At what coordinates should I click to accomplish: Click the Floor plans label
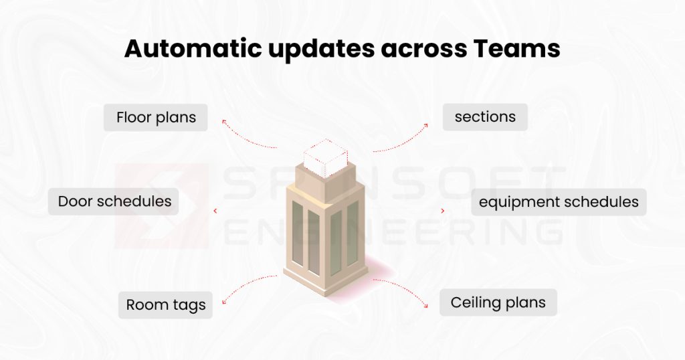tap(156, 118)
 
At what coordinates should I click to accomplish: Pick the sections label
tap(485, 117)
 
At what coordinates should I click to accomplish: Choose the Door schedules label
tap(114, 201)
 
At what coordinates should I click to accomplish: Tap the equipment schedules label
tap(559, 202)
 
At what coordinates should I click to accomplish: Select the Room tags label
tap(166, 305)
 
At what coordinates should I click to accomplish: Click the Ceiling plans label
tap(498, 302)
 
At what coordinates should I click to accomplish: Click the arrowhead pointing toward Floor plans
tap(225, 122)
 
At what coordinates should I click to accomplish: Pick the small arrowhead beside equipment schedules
tap(442, 211)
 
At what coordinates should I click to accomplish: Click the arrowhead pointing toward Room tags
tap(225, 302)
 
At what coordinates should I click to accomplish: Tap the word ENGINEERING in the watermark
tap(395, 232)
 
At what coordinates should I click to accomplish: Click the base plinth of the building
tap(326, 278)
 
